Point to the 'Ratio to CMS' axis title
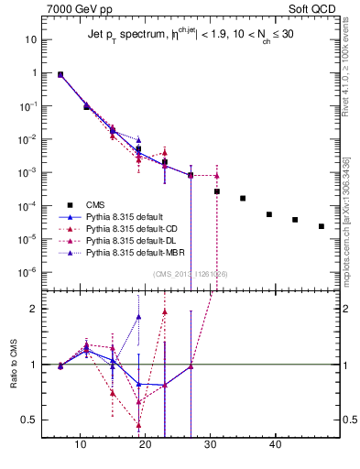point(13,364)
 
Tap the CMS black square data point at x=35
point(243,198)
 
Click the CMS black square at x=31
point(217,191)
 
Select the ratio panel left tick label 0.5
point(29,420)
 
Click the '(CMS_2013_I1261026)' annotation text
point(191,274)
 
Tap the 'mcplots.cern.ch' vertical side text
point(347,220)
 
